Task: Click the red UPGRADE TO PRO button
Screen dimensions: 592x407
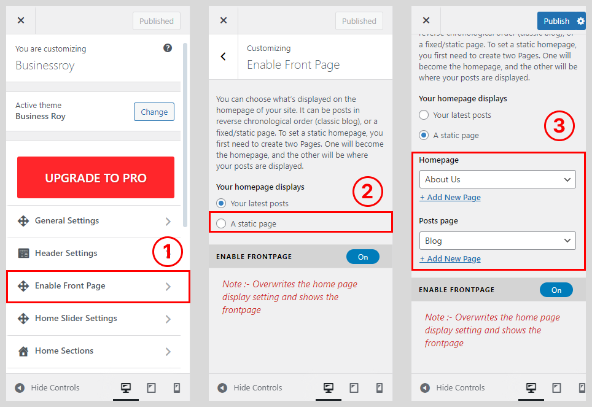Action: pos(96,177)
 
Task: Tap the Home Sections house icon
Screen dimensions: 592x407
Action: pos(23,351)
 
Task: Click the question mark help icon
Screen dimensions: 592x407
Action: pos(168,48)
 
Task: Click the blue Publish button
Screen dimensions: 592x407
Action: pos(556,21)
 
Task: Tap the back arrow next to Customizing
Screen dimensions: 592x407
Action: pos(223,56)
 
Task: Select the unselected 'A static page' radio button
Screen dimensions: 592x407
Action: pos(221,223)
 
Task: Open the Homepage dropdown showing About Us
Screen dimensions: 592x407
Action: pos(497,179)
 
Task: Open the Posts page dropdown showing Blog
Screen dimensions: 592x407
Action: pos(497,241)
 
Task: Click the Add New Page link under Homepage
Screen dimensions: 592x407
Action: pos(450,198)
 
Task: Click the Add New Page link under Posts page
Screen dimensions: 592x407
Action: pos(450,259)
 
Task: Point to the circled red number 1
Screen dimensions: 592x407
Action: pos(168,252)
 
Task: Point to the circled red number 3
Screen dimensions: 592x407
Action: pos(559,126)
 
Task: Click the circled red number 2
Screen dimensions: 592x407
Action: pos(368,192)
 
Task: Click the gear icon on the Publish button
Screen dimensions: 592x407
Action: pos(581,21)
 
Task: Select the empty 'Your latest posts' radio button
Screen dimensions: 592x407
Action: pos(424,115)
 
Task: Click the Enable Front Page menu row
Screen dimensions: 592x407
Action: pos(98,287)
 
